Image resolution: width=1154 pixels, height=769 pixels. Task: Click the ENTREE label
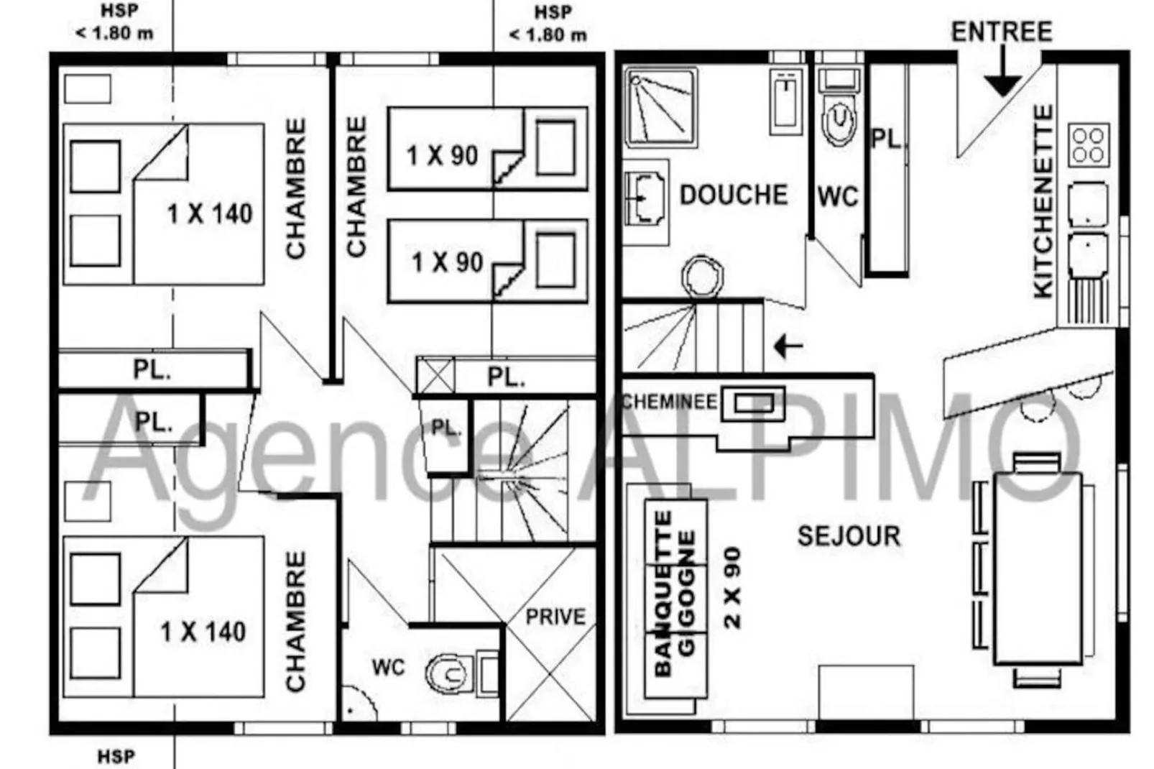tap(1002, 32)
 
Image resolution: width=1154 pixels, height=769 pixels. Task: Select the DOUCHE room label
tap(734, 195)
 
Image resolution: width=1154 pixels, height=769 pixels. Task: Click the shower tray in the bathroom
tap(662, 106)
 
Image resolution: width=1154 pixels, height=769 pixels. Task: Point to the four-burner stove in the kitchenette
tap(1089, 145)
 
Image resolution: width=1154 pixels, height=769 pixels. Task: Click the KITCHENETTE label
tap(1044, 201)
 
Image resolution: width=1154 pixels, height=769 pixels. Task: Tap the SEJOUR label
tap(849, 536)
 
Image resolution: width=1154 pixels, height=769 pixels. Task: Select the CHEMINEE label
tap(669, 402)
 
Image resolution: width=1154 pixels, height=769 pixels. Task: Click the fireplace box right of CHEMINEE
tap(753, 403)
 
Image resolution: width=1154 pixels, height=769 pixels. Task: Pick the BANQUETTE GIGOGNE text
tap(675, 594)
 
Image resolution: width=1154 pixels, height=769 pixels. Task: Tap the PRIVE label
tap(555, 617)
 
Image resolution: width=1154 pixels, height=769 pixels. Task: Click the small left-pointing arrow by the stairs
tap(788, 346)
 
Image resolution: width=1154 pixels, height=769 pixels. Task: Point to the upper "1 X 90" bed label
tap(442, 155)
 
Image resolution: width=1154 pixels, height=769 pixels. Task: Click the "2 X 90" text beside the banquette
tap(732, 588)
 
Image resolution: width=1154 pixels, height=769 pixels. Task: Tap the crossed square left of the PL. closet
tap(435, 376)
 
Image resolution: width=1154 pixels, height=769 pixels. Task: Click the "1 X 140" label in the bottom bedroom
tap(203, 632)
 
